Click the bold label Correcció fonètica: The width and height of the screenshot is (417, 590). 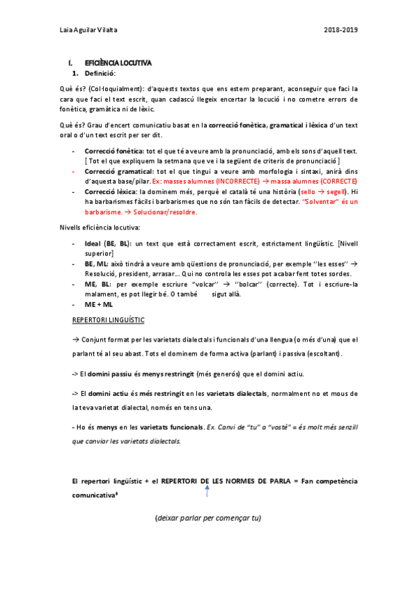pos(115,151)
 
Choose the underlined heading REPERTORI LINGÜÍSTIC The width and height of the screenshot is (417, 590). pos(109,319)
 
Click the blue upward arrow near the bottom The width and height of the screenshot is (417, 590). pos(207,491)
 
